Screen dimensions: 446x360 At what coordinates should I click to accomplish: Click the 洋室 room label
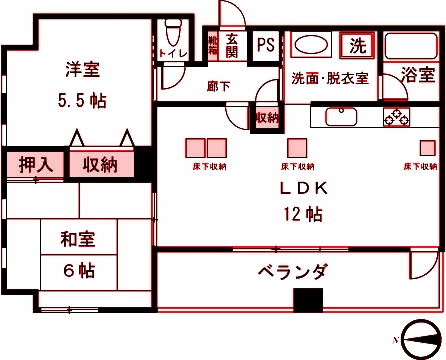(83, 70)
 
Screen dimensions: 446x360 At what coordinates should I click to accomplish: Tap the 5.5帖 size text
(83, 100)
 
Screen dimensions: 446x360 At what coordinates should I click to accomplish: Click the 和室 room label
(76, 240)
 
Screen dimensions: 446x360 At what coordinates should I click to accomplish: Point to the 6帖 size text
(76, 269)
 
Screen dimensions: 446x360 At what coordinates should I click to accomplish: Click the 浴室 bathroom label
(418, 75)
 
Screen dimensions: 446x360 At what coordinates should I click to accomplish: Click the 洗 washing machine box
(357, 45)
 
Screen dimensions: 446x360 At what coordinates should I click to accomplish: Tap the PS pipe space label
(265, 45)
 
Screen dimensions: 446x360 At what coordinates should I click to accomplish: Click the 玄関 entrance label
(232, 45)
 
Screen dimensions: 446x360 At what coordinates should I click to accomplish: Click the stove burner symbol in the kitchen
(396, 117)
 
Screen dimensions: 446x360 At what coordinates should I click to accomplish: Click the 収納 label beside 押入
(100, 163)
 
